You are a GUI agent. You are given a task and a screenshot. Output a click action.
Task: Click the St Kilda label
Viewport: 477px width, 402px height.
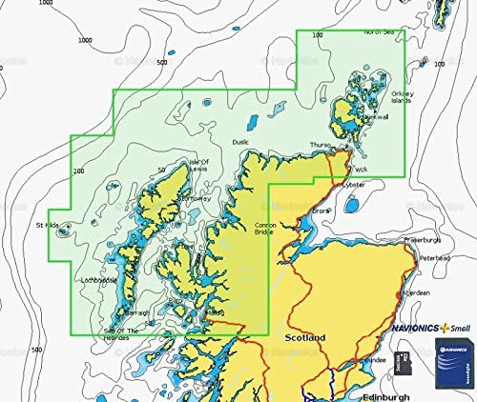pyautogui.click(x=47, y=225)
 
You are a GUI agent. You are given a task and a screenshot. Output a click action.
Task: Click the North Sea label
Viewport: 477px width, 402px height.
pyautogui.click(x=379, y=32)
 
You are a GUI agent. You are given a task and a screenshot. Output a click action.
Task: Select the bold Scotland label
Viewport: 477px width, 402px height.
pyautogui.click(x=304, y=338)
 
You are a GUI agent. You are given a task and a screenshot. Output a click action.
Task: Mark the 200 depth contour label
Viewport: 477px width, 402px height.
pyautogui.click(x=78, y=170)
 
